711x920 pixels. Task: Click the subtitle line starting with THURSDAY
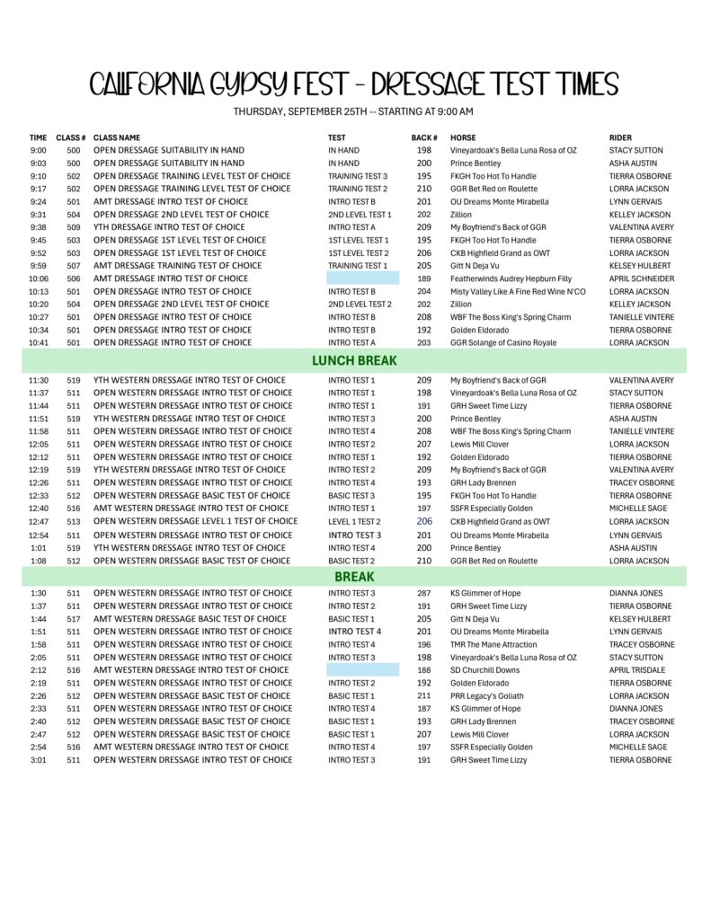click(353, 111)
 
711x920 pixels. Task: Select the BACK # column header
click(423, 137)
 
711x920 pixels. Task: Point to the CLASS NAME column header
click(117, 137)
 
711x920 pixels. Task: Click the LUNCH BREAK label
click(354, 361)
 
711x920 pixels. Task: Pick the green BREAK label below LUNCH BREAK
click(354, 576)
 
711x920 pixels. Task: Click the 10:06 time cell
click(39, 279)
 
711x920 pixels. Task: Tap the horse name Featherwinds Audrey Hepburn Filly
click(511, 279)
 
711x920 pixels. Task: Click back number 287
click(424, 593)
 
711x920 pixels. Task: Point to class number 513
click(73, 521)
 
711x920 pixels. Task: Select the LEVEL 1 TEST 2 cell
click(354, 521)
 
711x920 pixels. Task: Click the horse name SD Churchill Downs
click(484, 669)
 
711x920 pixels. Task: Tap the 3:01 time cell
click(39, 759)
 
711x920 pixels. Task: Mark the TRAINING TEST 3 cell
click(358, 176)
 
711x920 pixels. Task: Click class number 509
click(73, 227)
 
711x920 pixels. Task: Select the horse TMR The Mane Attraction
click(493, 644)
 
